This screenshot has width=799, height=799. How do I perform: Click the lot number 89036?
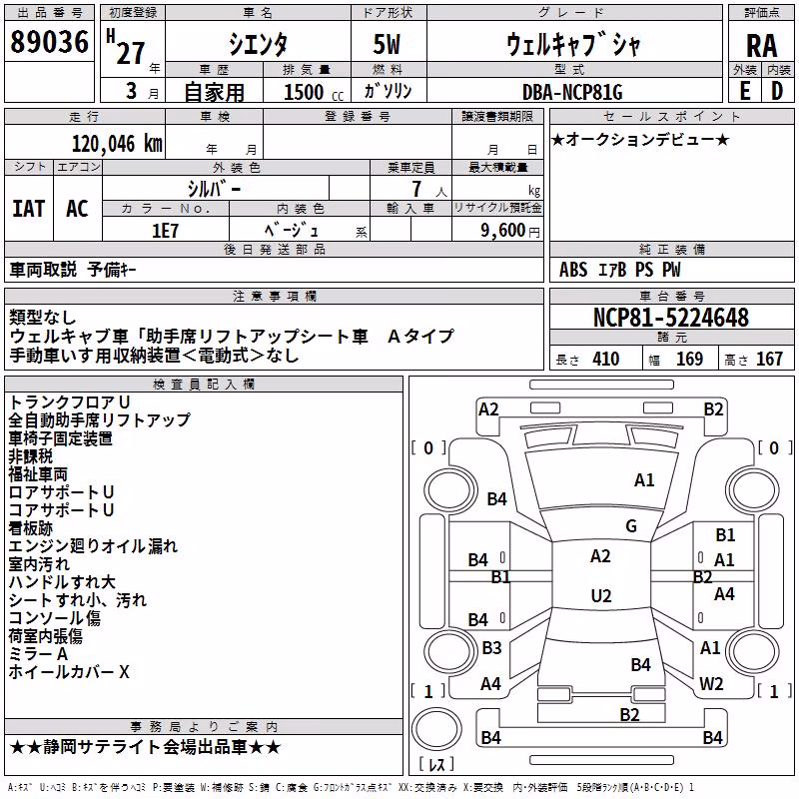click(49, 42)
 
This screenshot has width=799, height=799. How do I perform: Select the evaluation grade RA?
click(762, 46)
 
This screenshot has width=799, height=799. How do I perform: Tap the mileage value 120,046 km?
click(117, 144)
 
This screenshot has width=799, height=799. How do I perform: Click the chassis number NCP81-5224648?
click(671, 317)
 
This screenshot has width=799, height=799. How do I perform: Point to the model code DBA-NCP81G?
click(572, 92)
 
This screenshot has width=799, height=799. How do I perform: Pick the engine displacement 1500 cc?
click(314, 92)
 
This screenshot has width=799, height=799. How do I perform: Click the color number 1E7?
click(165, 231)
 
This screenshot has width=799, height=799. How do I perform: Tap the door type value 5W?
click(388, 44)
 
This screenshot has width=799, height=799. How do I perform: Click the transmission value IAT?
click(29, 209)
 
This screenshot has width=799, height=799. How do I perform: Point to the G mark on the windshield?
click(631, 526)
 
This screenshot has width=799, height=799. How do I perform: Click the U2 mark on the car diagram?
click(601, 595)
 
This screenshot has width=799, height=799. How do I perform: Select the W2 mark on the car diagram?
click(711, 683)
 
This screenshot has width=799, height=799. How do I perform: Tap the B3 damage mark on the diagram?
click(491, 647)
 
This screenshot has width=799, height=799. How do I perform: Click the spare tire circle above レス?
click(436, 728)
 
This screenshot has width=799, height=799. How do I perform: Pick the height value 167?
click(769, 359)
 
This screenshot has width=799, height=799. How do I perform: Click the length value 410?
click(606, 359)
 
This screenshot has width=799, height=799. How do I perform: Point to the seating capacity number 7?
click(416, 189)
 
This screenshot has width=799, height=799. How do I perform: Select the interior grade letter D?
click(777, 91)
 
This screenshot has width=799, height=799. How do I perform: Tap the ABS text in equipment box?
click(573, 270)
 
